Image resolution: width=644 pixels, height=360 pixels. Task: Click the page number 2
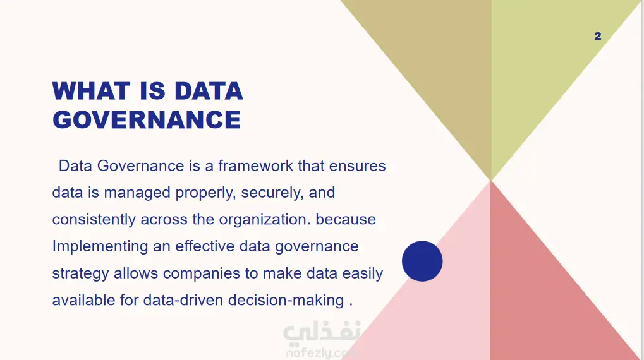598,36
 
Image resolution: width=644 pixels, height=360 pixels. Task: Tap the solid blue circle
422,261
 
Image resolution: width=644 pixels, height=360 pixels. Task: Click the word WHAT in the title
91,91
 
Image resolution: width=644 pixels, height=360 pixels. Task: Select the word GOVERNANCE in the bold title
147,120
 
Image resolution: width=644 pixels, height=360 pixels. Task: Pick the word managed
137,193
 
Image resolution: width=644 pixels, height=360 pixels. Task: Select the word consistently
94,219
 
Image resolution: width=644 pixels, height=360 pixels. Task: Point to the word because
346,219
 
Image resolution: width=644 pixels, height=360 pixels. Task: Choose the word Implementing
100,246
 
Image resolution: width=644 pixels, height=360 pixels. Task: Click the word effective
205,246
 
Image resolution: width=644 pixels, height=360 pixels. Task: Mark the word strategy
80,273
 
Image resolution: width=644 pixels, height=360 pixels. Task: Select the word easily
363,273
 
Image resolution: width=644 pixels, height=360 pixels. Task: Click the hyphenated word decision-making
286,300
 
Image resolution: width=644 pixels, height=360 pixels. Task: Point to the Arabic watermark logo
322,339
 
